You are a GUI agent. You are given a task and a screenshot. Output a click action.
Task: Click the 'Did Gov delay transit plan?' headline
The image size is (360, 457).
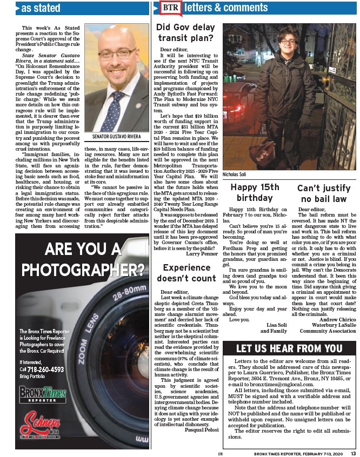[x=185, y=32]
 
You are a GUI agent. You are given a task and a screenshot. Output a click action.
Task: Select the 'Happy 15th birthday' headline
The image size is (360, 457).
[x=255, y=193]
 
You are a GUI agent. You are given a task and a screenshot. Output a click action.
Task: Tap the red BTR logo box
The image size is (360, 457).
[x=169, y=8]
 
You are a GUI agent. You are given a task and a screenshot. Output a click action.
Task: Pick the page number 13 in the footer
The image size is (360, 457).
[x=352, y=453]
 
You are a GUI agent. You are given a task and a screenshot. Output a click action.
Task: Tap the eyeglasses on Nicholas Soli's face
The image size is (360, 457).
[x=287, y=42]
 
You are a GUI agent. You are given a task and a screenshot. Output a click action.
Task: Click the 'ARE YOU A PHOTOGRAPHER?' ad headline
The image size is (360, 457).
[x=82, y=258]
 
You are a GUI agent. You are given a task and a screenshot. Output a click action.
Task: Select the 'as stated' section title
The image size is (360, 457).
[x=41, y=8]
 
